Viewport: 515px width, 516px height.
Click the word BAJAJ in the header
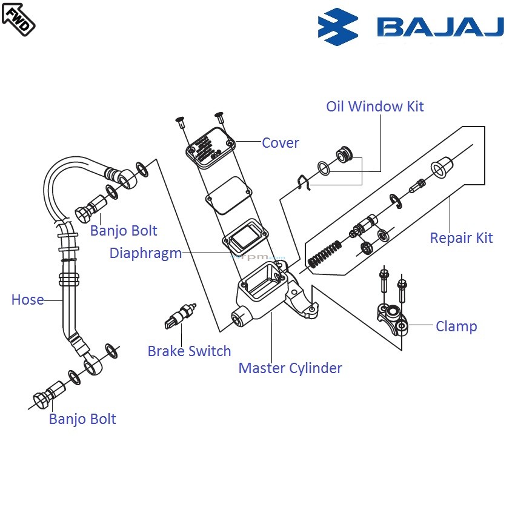(x=440, y=27)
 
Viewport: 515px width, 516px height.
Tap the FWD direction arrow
(x=18, y=18)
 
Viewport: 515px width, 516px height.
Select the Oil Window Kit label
(x=374, y=107)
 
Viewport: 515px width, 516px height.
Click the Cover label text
(x=280, y=143)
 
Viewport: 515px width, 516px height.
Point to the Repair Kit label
(x=461, y=238)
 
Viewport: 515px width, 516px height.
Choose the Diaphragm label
(x=145, y=253)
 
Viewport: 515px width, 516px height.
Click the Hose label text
(x=28, y=300)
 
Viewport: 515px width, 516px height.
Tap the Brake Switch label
(x=189, y=351)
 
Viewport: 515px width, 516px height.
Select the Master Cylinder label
(x=290, y=368)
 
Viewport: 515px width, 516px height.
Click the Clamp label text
(x=456, y=326)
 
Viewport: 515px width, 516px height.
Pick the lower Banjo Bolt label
(x=82, y=419)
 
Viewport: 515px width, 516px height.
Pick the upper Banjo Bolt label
(x=124, y=231)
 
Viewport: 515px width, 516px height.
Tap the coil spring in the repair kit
(x=325, y=254)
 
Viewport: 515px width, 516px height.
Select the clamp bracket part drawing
(x=391, y=318)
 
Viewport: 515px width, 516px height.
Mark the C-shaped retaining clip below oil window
(x=304, y=180)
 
